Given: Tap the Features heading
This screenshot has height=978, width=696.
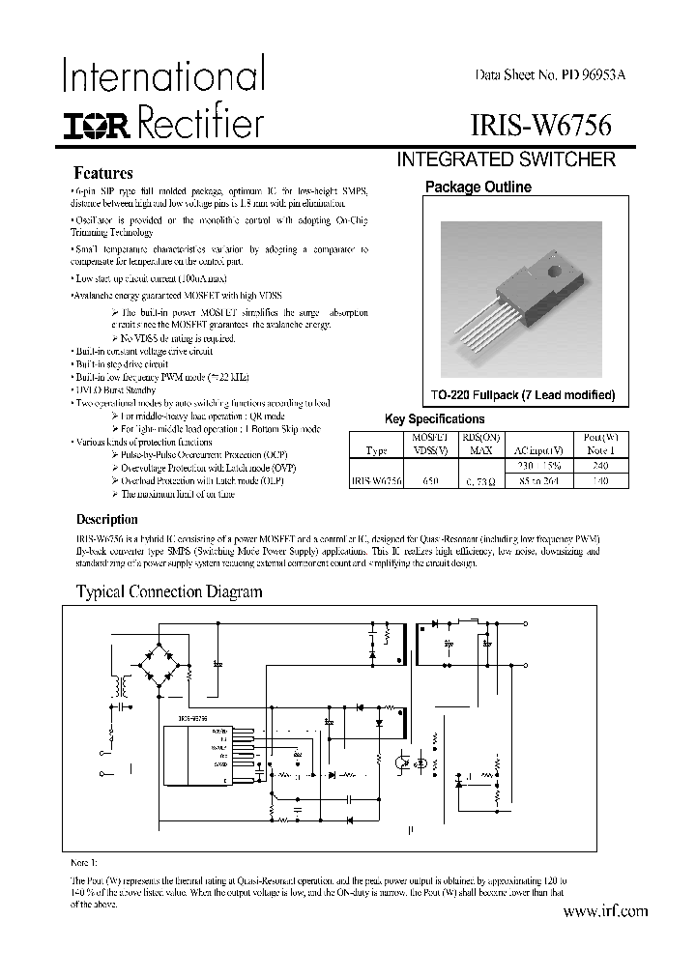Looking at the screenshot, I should (x=103, y=174).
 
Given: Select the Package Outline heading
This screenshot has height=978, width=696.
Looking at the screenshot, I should (x=479, y=187).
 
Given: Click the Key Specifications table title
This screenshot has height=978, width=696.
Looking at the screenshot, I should (x=435, y=419).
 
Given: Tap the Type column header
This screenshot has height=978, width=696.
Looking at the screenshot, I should (x=377, y=450).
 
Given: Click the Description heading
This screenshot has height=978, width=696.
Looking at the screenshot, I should (x=107, y=519).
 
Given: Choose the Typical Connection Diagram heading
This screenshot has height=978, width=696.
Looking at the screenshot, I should (x=169, y=591).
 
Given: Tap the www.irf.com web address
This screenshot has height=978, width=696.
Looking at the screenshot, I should (x=605, y=910).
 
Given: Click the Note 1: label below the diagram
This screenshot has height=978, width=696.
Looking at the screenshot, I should (x=86, y=861).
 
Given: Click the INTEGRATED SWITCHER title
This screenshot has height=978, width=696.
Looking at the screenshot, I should (x=507, y=160).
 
